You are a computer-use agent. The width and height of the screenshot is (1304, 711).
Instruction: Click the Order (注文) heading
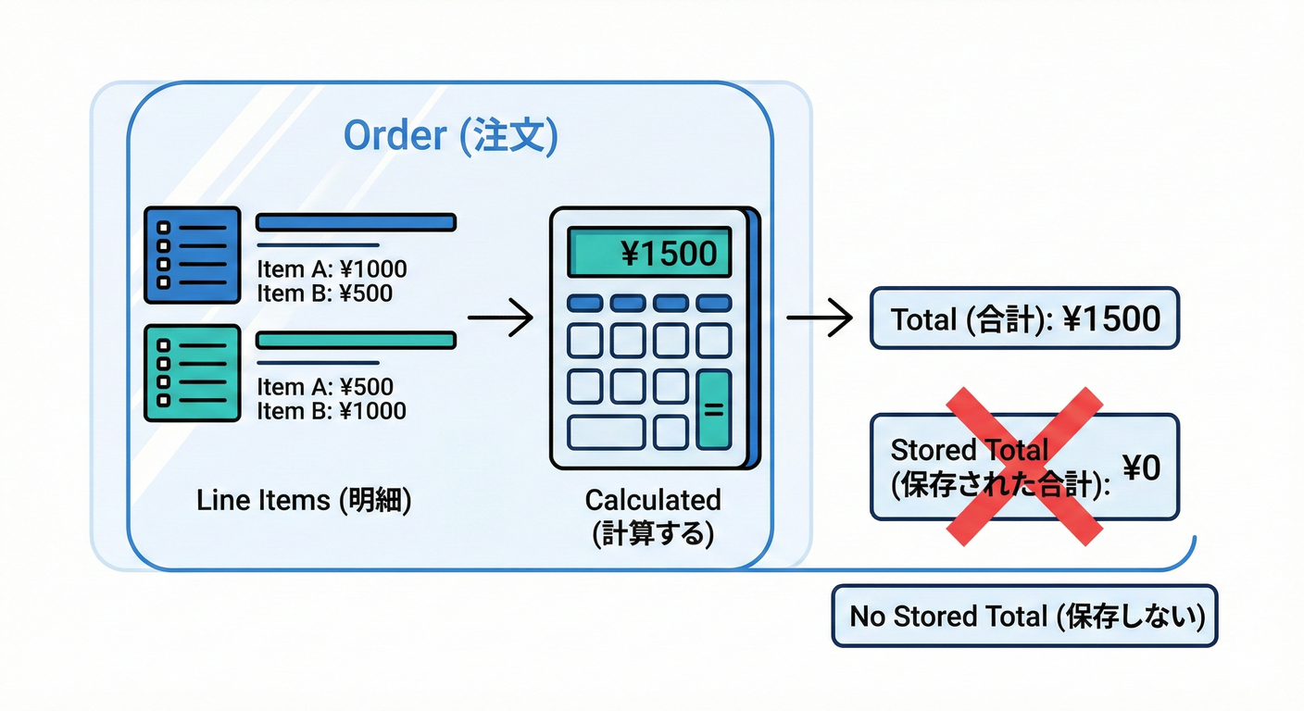pyautogui.click(x=450, y=136)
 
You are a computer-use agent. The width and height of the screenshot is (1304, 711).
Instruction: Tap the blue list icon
pyautogui.click(x=193, y=254)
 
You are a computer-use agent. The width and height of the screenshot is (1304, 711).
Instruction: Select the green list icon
pyautogui.click(x=193, y=372)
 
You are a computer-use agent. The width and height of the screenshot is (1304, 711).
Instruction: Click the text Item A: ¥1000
pyautogui.click(x=332, y=269)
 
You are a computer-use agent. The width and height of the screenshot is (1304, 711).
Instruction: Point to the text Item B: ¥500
pyautogui.click(x=324, y=293)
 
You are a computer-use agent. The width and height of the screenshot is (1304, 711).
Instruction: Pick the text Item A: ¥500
pyautogui.click(x=324, y=387)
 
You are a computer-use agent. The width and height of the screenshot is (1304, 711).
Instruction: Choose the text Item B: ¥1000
pyautogui.click(x=332, y=411)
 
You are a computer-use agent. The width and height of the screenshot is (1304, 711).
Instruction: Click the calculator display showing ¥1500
pyautogui.click(x=650, y=252)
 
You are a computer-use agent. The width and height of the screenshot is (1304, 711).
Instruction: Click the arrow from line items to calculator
pyautogui.click(x=500, y=319)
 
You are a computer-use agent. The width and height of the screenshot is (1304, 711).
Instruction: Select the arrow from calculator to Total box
pyautogui.click(x=819, y=319)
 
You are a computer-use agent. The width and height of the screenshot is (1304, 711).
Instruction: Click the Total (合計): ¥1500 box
pyautogui.click(x=1024, y=318)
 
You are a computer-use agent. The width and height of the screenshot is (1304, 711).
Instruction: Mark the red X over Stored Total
pyautogui.click(x=1024, y=466)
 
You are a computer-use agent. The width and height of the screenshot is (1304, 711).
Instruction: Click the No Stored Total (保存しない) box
pyautogui.click(x=1024, y=616)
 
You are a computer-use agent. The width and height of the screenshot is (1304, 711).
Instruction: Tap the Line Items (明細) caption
pyautogui.click(x=304, y=500)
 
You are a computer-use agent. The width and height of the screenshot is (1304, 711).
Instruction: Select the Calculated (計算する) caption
pyautogui.click(x=653, y=517)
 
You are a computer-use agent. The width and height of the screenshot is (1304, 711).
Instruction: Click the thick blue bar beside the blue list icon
pyautogui.click(x=356, y=222)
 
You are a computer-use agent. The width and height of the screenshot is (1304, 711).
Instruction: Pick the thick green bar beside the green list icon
pyautogui.click(x=356, y=341)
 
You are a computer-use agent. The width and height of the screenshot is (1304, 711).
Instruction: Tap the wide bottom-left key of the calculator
pyautogui.click(x=606, y=432)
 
